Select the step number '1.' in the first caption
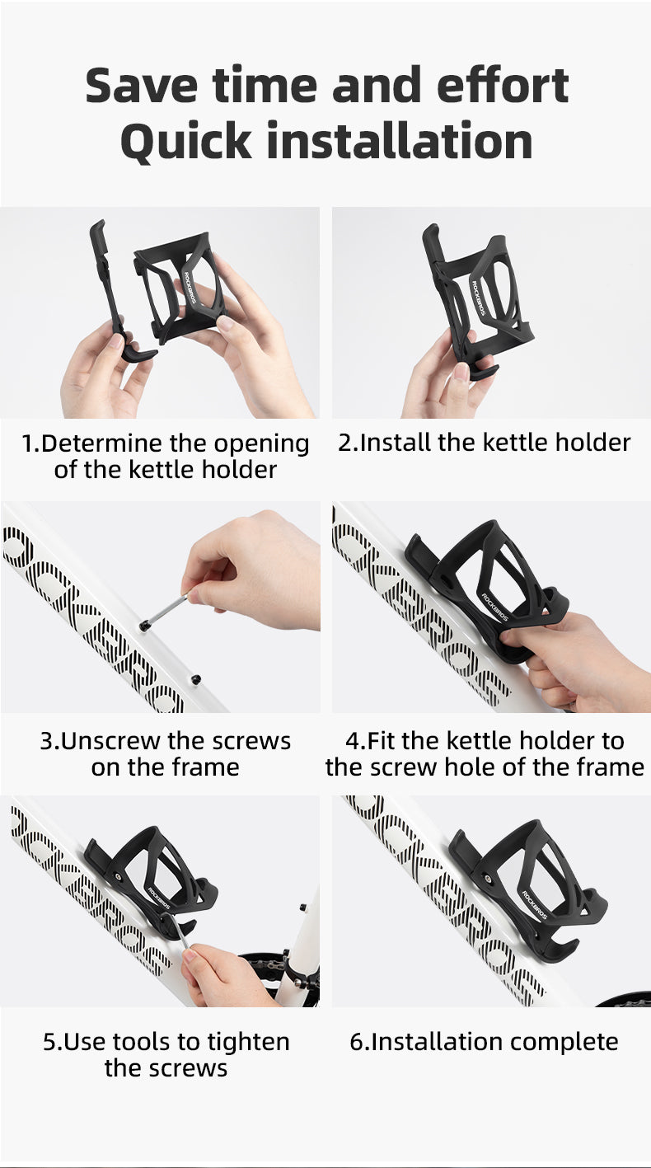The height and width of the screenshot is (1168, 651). (30, 443)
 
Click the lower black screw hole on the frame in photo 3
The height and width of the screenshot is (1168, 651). (196, 679)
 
